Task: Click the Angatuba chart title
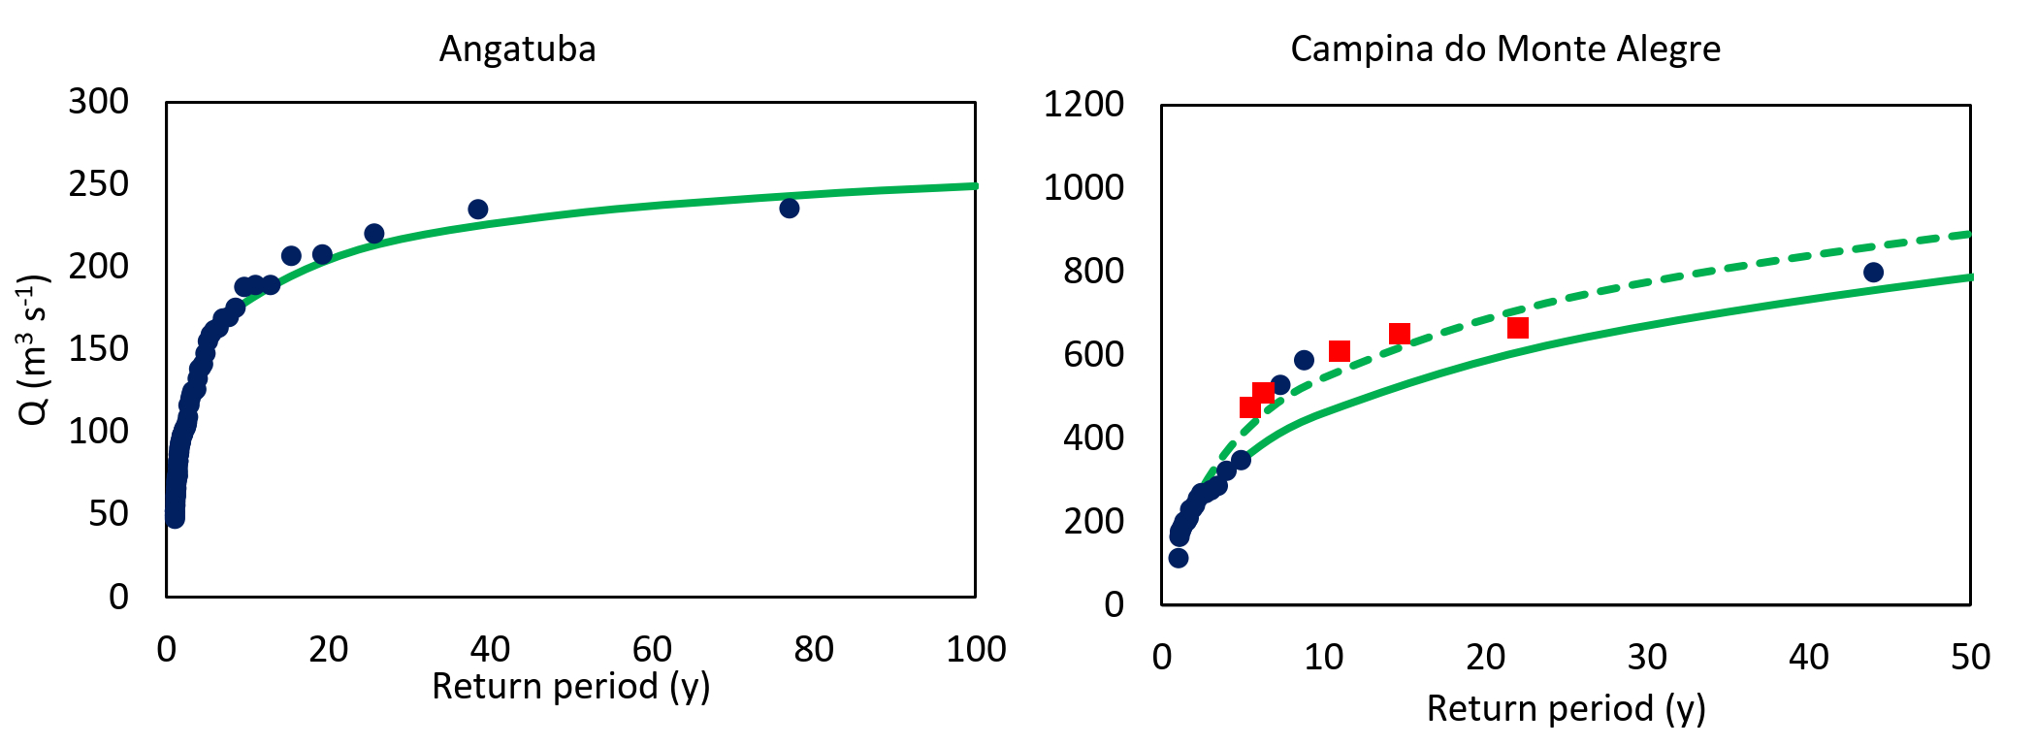517,49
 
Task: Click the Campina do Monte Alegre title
1504,49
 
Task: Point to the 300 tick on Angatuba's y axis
98,101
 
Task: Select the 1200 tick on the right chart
1083,104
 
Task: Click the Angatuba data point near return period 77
789,208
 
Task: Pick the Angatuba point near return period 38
477,210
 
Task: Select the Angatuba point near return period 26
373,234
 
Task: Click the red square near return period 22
1518,328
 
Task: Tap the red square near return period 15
1399,335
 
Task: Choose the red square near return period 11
1340,351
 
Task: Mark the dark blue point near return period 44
1873,273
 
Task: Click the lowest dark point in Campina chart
1178,558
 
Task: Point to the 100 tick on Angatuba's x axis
975,649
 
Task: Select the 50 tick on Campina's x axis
1969,658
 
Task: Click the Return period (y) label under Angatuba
570,686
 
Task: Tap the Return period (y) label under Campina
1566,708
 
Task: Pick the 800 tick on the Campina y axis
1093,271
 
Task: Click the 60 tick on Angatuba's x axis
652,649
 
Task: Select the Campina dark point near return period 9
1304,360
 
